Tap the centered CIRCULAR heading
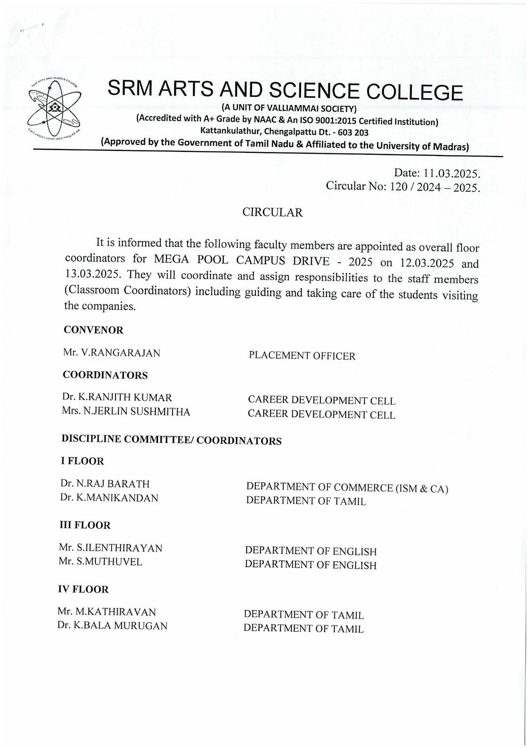[x=272, y=213]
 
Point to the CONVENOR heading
[x=94, y=330]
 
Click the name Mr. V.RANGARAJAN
[x=112, y=353]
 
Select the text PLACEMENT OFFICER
[x=302, y=356]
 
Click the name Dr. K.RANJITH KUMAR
[x=117, y=398]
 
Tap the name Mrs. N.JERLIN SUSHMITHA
[x=126, y=412]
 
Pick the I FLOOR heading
[x=82, y=461]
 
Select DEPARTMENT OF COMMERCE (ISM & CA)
[x=347, y=488]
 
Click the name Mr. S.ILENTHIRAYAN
[x=110, y=548]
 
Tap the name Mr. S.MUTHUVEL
[x=101, y=561]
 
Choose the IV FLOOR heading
[x=83, y=590]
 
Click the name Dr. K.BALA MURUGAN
[x=112, y=626]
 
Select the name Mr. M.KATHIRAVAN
[x=107, y=611]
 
